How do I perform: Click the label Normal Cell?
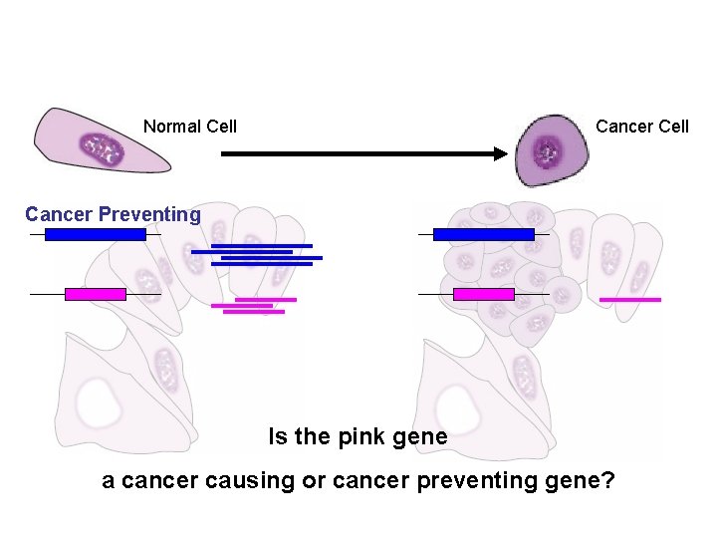(x=189, y=127)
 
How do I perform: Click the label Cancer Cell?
(x=641, y=127)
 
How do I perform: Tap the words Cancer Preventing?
(x=113, y=214)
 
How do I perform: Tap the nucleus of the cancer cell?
(x=546, y=153)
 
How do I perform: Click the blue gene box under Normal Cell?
(x=96, y=234)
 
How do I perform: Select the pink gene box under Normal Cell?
(x=96, y=294)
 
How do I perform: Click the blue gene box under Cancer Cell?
(x=484, y=234)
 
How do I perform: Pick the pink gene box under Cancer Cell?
(x=484, y=294)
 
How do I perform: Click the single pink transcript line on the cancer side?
(x=629, y=299)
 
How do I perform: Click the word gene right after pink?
(x=422, y=437)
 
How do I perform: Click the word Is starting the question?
(x=278, y=437)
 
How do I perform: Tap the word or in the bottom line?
(x=315, y=481)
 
